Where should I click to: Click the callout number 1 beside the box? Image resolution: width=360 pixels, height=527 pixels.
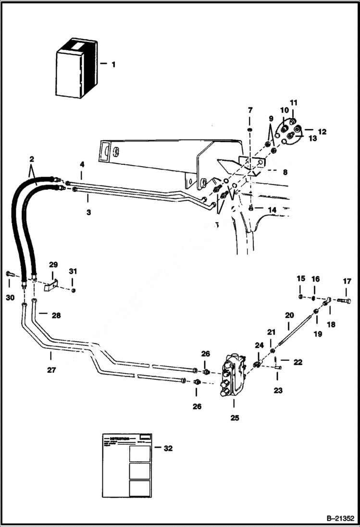tap(113, 64)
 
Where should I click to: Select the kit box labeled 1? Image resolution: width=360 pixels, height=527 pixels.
tap(76, 68)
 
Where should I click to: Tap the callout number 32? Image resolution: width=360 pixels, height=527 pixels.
tap(168, 448)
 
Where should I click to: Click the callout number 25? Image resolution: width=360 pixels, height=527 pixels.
tap(234, 417)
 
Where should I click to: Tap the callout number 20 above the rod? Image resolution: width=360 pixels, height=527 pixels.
tap(289, 316)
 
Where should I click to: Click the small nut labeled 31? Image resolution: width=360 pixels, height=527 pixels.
tap(73, 290)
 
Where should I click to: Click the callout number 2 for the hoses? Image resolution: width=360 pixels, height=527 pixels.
tap(31, 159)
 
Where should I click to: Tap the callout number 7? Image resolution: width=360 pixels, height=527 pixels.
tap(250, 110)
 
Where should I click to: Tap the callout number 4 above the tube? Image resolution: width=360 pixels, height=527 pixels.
tap(82, 164)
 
